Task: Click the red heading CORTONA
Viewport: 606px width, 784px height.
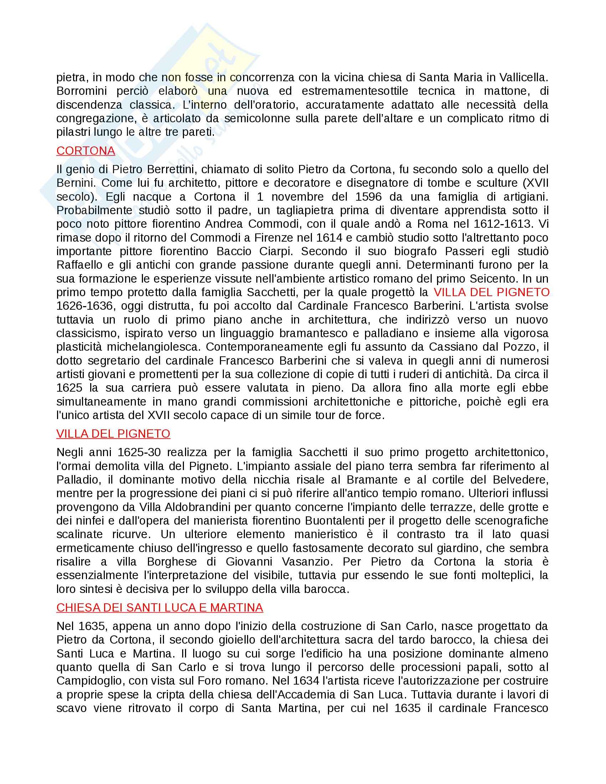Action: click(86, 151)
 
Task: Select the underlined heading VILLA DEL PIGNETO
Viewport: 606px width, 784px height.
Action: click(113, 434)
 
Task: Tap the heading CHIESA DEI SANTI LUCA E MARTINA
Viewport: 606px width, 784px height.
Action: click(159, 607)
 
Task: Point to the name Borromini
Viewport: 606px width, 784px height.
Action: click(82, 91)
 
